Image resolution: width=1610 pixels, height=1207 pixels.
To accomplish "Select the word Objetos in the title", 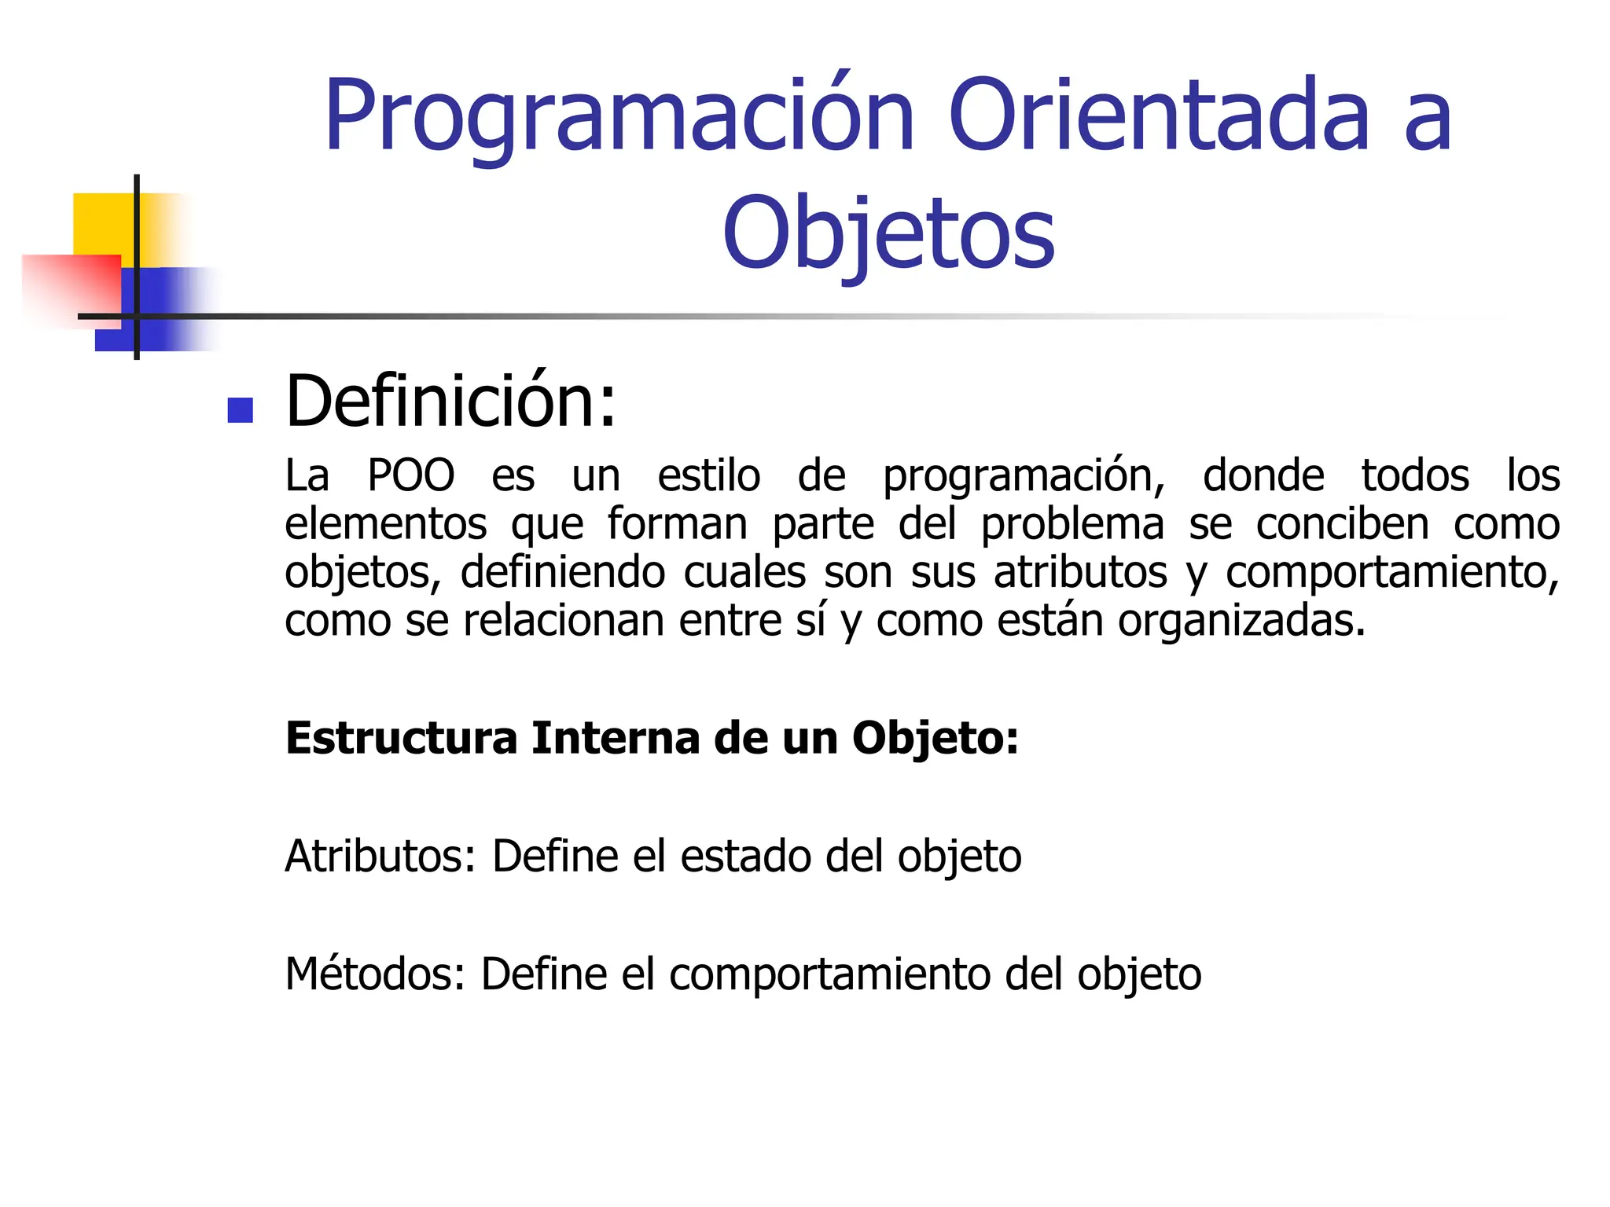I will pyautogui.click(x=888, y=233).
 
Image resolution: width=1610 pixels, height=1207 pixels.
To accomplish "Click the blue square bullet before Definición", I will pyautogui.click(x=240, y=410).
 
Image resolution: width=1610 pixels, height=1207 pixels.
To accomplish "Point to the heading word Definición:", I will pyautogui.click(x=451, y=402).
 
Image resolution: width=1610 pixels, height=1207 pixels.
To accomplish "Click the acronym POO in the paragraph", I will pyautogui.click(x=411, y=475).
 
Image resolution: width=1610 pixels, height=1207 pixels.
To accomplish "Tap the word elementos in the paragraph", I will pyautogui.click(x=385, y=524).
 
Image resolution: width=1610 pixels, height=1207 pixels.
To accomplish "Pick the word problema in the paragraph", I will pyautogui.click(x=1072, y=525).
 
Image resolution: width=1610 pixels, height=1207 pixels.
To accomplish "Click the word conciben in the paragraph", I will pyautogui.click(x=1342, y=524).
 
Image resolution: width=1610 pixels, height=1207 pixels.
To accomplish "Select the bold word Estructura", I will pyautogui.click(x=401, y=739).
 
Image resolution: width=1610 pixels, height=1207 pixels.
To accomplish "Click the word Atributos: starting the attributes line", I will pyautogui.click(x=380, y=857).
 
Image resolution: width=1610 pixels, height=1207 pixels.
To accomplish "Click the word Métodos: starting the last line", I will pyautogui.click(x=375, y=974).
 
